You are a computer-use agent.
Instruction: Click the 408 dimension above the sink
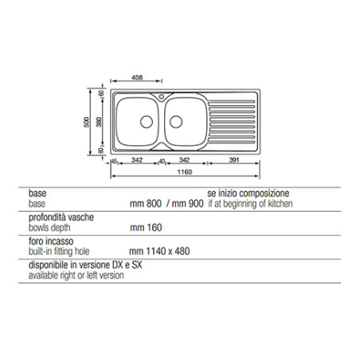(137, 77)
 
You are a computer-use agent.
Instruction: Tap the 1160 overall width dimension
(185, 172)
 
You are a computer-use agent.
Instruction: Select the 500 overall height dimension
(87, 122)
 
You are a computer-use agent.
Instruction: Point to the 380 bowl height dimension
(99, 122)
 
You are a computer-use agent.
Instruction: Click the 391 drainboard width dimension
(234, 160)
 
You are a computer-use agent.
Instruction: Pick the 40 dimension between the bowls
(162, 162)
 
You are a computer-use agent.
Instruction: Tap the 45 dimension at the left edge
(115, 162)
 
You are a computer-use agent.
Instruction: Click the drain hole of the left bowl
(147, 122)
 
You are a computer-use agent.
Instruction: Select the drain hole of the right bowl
(176, 122)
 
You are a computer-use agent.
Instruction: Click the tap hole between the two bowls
(162, 96)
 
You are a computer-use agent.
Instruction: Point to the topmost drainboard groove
(232, 101)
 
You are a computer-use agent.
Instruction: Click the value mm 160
(146, 228)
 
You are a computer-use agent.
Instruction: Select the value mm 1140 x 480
(159, 251)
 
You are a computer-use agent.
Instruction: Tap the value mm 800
(146, 204)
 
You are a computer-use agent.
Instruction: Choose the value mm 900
(187, 204)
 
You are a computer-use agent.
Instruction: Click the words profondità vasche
(61, 217)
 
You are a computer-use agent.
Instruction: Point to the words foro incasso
(51, 241)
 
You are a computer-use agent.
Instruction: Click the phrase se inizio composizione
(248, 193)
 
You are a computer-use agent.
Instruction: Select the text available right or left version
(76, 276)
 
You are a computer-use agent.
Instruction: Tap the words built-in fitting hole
(59, 251)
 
